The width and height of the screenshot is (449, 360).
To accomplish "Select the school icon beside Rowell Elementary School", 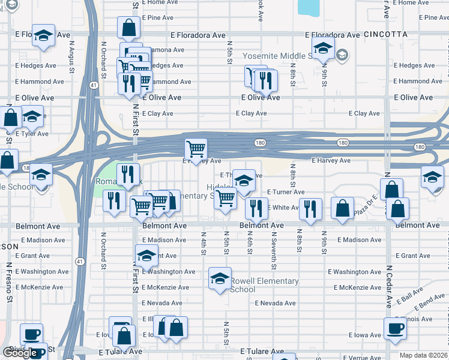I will [220, 278].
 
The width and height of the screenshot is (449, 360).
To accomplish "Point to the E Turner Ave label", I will [286, 192].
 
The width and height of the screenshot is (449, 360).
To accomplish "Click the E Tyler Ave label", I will [31, 133].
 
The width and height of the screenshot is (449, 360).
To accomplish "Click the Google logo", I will [20, 353].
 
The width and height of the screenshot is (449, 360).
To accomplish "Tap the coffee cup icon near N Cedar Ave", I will [395, 328].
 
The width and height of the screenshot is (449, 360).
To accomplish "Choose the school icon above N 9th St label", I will [323, 48].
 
